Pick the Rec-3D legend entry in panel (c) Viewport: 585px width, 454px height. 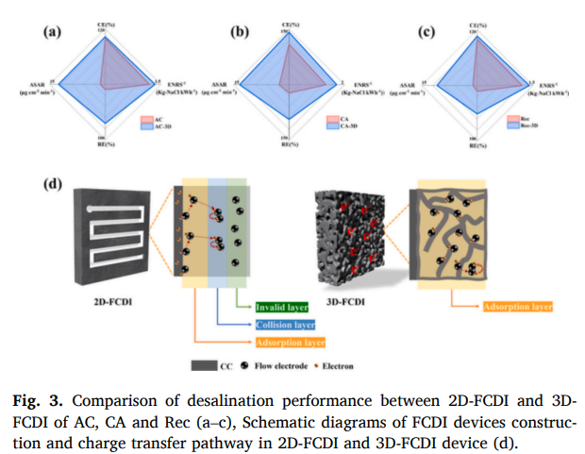click(529, 126)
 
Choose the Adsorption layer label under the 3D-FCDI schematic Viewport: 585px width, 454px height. click(516, 306)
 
